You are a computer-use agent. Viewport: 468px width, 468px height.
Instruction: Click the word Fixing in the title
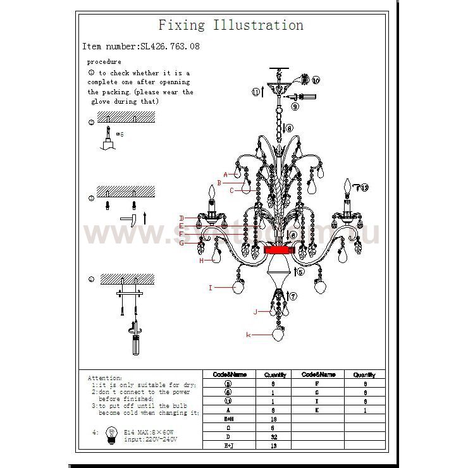pos(182,25)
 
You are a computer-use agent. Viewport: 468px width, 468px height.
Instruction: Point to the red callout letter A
pos(225,174)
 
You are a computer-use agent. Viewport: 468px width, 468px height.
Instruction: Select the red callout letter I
pos(211,287)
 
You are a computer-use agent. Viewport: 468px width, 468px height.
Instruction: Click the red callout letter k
pos(249,334)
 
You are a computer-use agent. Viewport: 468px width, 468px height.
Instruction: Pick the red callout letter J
pos(256,311)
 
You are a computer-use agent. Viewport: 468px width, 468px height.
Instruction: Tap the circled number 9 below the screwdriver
pos(295,108)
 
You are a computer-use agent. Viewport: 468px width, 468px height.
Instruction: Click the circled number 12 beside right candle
pos(364,187)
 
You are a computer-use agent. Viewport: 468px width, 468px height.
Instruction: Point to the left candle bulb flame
pos(211,192)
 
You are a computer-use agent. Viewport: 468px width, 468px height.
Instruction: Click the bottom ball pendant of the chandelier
pos(278,333)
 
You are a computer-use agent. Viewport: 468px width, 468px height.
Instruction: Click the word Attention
pos(105,378)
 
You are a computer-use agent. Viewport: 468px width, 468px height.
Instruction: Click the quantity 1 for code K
pos(364,410)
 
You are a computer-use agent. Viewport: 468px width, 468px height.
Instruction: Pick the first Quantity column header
pos(275,374)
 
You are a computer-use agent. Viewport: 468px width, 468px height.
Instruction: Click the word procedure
pos(104,62)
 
